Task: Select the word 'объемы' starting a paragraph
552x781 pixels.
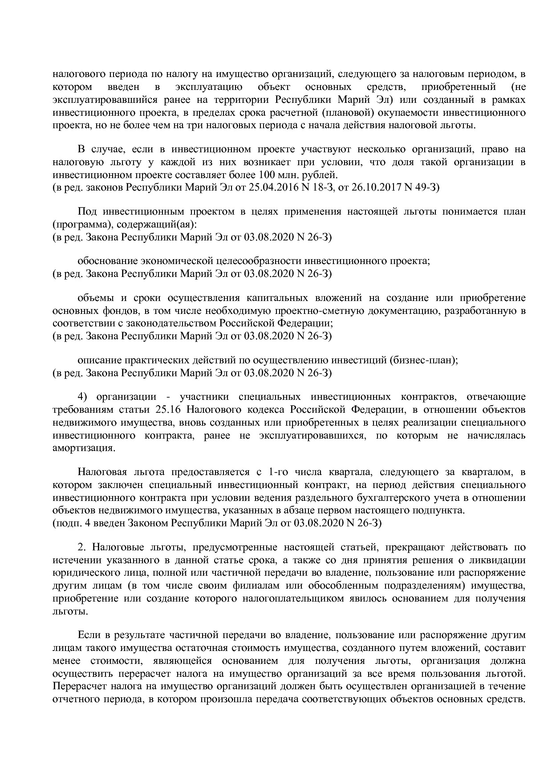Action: [x=95, y=298]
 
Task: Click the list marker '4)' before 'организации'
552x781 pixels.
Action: [x=85, y=397]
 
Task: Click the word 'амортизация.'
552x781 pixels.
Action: [x=84, y=448]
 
